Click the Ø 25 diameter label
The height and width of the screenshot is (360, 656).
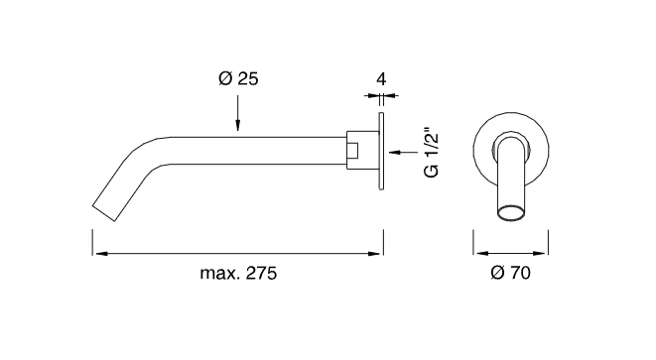(238, 78)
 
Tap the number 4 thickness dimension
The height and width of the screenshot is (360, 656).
(381, 79)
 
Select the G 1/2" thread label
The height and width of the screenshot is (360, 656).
(432, 152)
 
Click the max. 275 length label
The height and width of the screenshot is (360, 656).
(238, 273)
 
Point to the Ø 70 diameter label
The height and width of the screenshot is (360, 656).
(510, 273)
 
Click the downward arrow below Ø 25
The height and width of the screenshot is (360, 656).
(237, 113)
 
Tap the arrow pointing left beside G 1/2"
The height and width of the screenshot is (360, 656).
(403, 152)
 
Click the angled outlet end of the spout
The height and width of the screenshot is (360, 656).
(103, 213)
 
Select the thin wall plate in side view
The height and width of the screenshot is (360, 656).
(381, 151)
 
